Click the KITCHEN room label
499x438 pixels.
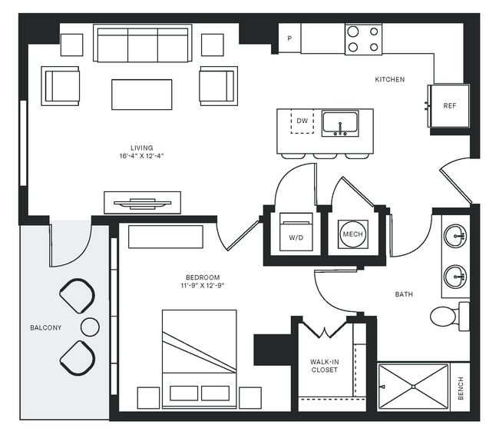tap(389, 80)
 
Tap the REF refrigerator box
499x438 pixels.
tap(450, 107)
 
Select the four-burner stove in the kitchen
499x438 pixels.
tap(363, 39)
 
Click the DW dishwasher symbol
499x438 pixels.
tap(302, 121)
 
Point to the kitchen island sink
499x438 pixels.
tap(340, 122)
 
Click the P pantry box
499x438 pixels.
tap(289, 38)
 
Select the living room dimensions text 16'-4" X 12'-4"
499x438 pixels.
tap(142, 156)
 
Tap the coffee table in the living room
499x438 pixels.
tap(141, 94)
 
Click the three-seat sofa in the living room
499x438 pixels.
tap(141, 44)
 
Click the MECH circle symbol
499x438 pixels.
tap(352, 234)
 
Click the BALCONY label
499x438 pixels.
tap(45, 328)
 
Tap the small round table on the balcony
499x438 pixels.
tap(90, 327)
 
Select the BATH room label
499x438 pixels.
tap(404, 294)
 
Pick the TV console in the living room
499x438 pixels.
tap(142, 203)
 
